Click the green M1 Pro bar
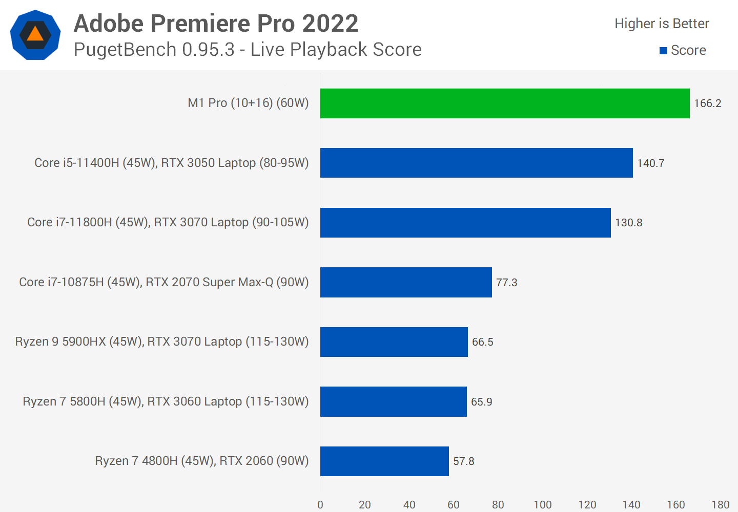[505, 103]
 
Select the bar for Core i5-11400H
[477, 163]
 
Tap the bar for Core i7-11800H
[465, 223]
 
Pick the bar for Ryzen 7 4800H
[384, 461]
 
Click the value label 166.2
[707, 103]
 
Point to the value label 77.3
[506, 283]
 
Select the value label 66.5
[482, 342]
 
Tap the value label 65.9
[481, 402]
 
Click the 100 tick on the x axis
[542, 505]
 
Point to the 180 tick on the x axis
[720, 505]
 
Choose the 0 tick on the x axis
[320, 505]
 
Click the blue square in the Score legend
[663, 51]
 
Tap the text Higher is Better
[662, 24]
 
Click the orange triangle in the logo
[35, 34]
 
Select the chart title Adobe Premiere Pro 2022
[216, 24]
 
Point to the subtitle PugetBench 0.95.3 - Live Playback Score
[248, 50]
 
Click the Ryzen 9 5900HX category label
[162, 342]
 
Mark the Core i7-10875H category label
[164, 282]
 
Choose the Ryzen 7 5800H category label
[166, 401]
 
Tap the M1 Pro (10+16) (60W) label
[248, 103]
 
